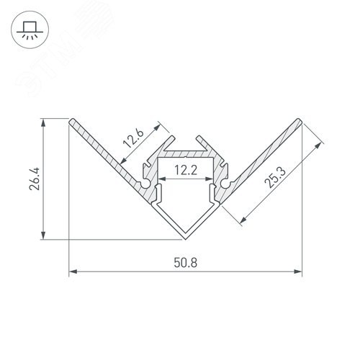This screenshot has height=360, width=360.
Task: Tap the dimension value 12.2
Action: click(x=185, y=171)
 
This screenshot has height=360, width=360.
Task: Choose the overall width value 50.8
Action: click(x=185, y=264)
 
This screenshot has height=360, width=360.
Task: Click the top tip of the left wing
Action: click(x=70, y=120)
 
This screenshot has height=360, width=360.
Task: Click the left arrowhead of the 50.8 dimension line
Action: click(x=72, y=272)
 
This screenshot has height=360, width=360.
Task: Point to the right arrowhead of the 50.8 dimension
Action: click(x=299, y=272)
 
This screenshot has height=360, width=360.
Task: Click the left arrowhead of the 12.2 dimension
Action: click(x=160, y=181)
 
